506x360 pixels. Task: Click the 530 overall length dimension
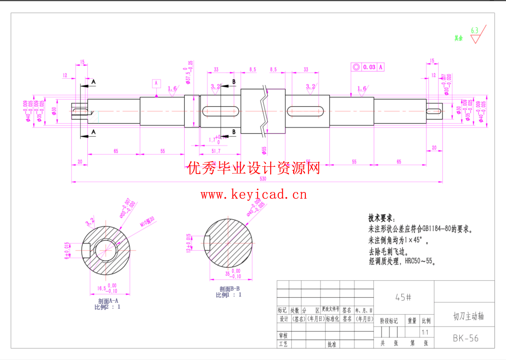coord(263,178)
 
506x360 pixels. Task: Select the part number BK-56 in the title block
coord(465,338)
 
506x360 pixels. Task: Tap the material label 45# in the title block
coord(403,297)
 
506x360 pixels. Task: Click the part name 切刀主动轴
coord(468,316)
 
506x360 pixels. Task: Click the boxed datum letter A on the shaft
coord(156,83)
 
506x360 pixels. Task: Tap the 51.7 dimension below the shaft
coord(216,151)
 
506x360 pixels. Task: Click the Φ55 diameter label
coord(264,151)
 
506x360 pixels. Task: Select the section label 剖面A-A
coord(108,301)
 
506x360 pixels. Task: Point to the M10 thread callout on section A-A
coord(147,221)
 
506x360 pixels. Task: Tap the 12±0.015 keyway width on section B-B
coord(189,243)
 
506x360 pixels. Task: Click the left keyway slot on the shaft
coord(220,111)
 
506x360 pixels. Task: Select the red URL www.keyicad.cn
coord(254,194)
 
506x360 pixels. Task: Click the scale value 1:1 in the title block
coord(425,332)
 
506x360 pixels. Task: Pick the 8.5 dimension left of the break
coord(252,70)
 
